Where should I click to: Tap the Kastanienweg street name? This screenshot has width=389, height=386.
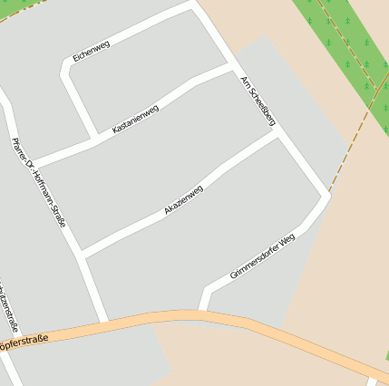135,120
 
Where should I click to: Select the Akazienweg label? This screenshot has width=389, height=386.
183,199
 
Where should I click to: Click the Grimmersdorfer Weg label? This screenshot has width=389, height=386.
263,256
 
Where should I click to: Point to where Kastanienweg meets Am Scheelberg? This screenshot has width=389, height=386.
232,67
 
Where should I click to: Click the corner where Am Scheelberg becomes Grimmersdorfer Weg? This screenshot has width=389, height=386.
326,195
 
